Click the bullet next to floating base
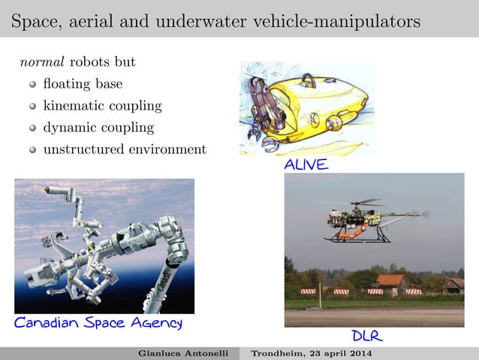click(32, 83)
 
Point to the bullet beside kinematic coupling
click(32, 106)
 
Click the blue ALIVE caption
click(306, 165)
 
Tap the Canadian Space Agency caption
click(98, 323)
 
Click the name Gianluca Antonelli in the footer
click(183, 353)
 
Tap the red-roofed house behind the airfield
click(392, 283)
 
